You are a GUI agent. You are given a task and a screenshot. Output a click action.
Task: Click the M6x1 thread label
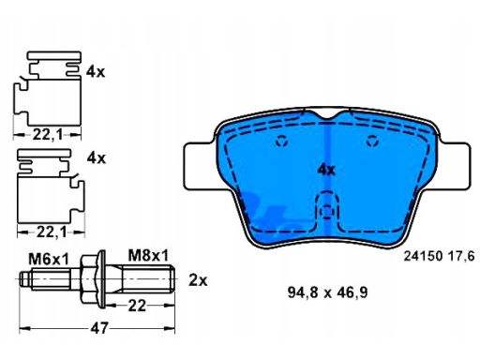49,259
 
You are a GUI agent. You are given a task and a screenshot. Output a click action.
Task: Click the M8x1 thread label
148,255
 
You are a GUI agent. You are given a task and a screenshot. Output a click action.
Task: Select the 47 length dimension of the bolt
99,328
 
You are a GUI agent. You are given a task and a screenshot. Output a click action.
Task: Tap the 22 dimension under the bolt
137,306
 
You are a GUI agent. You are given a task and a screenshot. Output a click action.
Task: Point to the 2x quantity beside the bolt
198,280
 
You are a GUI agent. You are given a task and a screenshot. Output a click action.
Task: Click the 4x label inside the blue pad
326,170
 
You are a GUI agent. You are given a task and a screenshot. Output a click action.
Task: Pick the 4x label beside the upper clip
96,72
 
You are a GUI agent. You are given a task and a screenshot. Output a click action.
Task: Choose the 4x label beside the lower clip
97,158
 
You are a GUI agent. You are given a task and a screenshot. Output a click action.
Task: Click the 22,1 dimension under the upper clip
48,135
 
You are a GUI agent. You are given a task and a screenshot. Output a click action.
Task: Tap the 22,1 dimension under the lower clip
52,232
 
